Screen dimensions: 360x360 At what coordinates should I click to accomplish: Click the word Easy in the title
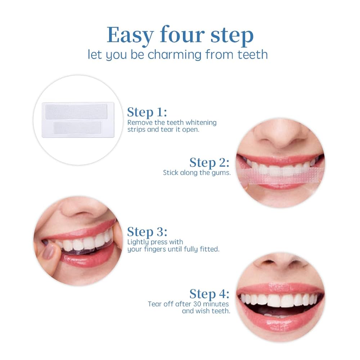pos(130,35)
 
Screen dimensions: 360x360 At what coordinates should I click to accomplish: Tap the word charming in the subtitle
pos(175,55)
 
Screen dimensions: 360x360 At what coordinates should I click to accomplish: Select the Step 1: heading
pos(147,112)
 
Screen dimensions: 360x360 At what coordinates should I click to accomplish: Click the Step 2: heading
pos(209,162)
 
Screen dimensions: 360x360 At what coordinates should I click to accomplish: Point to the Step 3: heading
pos(147,231)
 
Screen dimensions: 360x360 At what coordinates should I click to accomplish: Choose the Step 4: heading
pos(209,294)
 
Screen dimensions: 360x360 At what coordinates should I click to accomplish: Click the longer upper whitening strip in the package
pos(76,111)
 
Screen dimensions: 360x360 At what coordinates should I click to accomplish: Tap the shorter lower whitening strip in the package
pos(77,127)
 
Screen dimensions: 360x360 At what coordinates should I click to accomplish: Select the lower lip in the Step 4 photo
pos(280,321)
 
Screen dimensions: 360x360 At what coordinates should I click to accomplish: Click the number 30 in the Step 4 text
pos(197,304)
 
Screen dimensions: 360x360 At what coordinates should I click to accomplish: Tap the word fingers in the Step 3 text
pos(155,249)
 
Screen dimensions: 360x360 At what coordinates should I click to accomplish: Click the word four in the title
pos(182,35)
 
